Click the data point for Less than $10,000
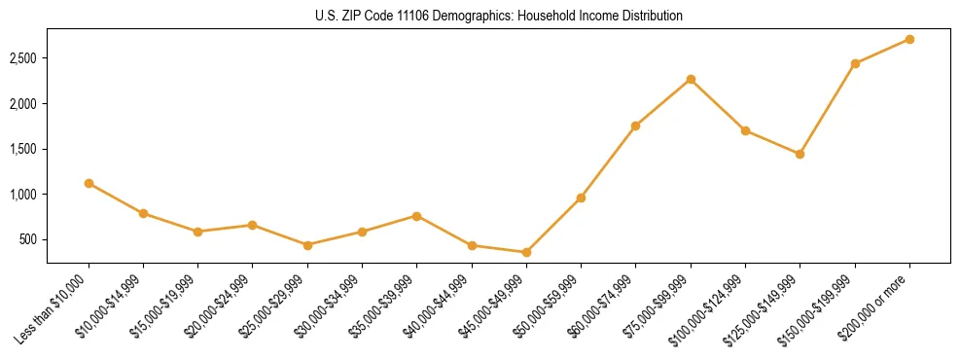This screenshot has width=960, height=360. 89,183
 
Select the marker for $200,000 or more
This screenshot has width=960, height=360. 909,39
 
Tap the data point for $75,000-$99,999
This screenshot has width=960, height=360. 691,79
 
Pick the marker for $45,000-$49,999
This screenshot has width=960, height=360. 526,252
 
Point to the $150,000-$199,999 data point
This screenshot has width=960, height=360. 855,63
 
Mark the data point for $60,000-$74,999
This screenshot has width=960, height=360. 635,126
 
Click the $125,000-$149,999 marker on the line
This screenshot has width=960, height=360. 800,154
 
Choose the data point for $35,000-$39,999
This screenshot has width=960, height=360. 416,216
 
